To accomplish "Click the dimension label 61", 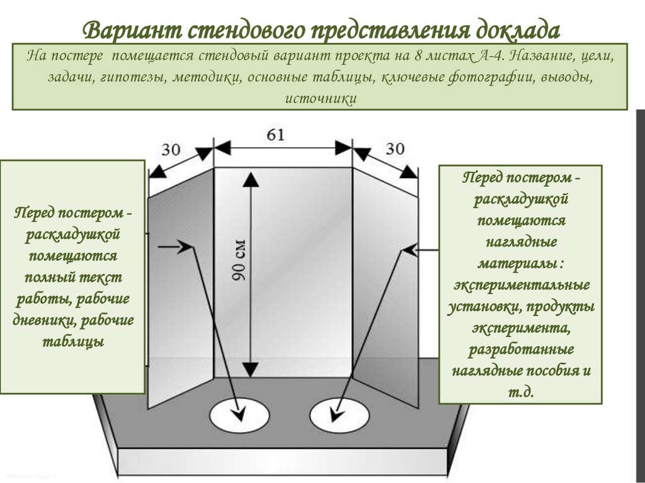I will [277, 135].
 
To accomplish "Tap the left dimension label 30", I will [171, 149].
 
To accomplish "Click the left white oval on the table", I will [234, 416].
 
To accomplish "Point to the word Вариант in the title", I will [131, 30].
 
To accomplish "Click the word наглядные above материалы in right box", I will [520, 241].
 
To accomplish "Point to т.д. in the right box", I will [520, 391].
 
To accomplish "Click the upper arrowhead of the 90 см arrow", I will [250, 180].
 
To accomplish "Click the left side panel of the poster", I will [180, 283].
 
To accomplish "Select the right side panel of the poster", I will [384, 283].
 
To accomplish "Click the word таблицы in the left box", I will [73, 341].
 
